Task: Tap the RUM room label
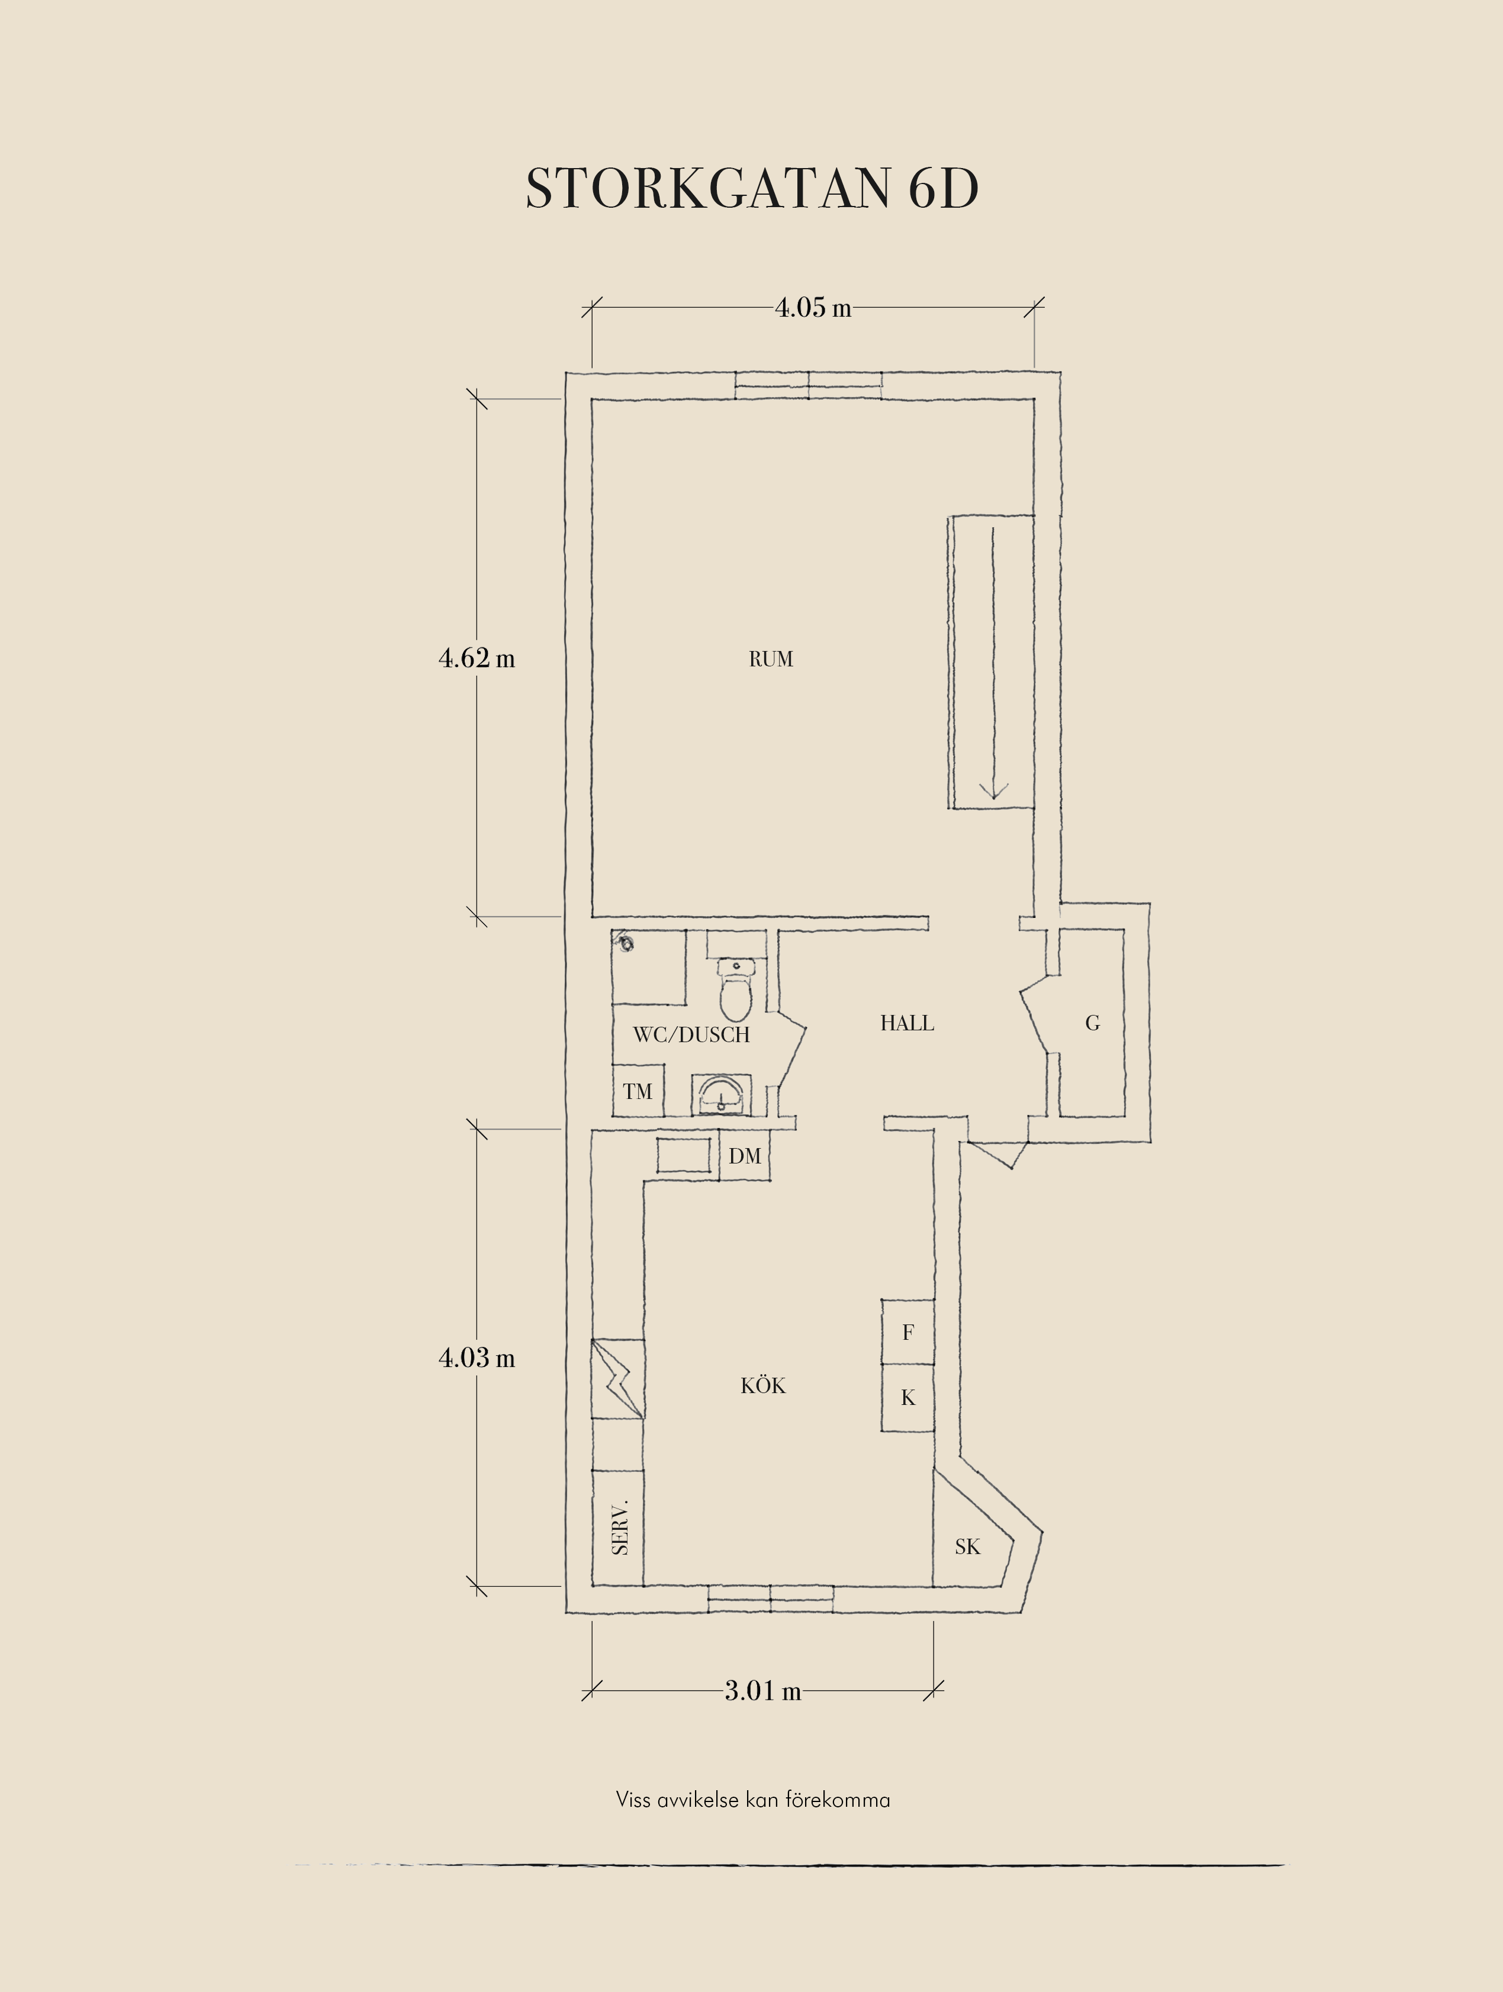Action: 771,659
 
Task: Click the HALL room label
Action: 907,1023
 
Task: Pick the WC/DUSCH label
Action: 691,1034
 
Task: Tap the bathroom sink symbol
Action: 722,1094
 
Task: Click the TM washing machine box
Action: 638,1091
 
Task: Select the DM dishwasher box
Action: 745,1156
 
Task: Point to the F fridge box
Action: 907,1332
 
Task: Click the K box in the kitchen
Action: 907,1398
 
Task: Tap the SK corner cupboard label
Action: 967,1546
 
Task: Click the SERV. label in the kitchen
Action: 620,1527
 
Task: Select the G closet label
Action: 1092,1023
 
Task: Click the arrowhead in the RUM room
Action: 993,790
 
